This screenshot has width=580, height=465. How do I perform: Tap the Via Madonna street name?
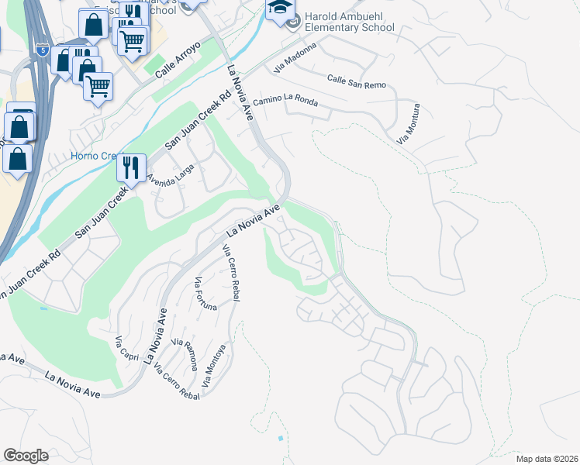pyautogui.click(x=295, y=59)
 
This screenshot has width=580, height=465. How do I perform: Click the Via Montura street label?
pyautogui.click(x=409, y=124)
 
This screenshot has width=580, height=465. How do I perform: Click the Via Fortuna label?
pyautogui.click(x=206, y=293)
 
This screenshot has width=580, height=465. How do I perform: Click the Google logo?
pyautogui.click(x=26, y=456)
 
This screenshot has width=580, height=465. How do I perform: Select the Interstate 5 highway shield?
pyautogui.click(x=40, y=51)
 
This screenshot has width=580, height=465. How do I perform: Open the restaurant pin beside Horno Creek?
pyautogui.click(x=131, y=166)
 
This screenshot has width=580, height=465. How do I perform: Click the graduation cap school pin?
pyautogui.click(x=280, y=9)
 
